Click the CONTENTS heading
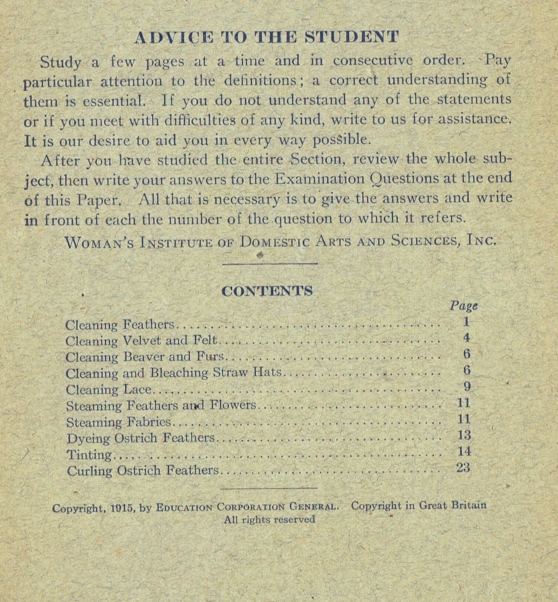(267, 291)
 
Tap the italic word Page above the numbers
(463, 306)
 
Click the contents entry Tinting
(89, 455)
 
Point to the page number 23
(463, 468)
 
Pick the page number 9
(467, 387)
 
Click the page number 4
(466, 338)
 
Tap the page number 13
(464, 435)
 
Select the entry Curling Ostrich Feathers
(142, 471)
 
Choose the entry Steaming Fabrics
(118, 422)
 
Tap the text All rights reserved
(269, 520)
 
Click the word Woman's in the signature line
(100, 243)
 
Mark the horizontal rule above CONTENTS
(269, 264)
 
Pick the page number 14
(464, 451)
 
